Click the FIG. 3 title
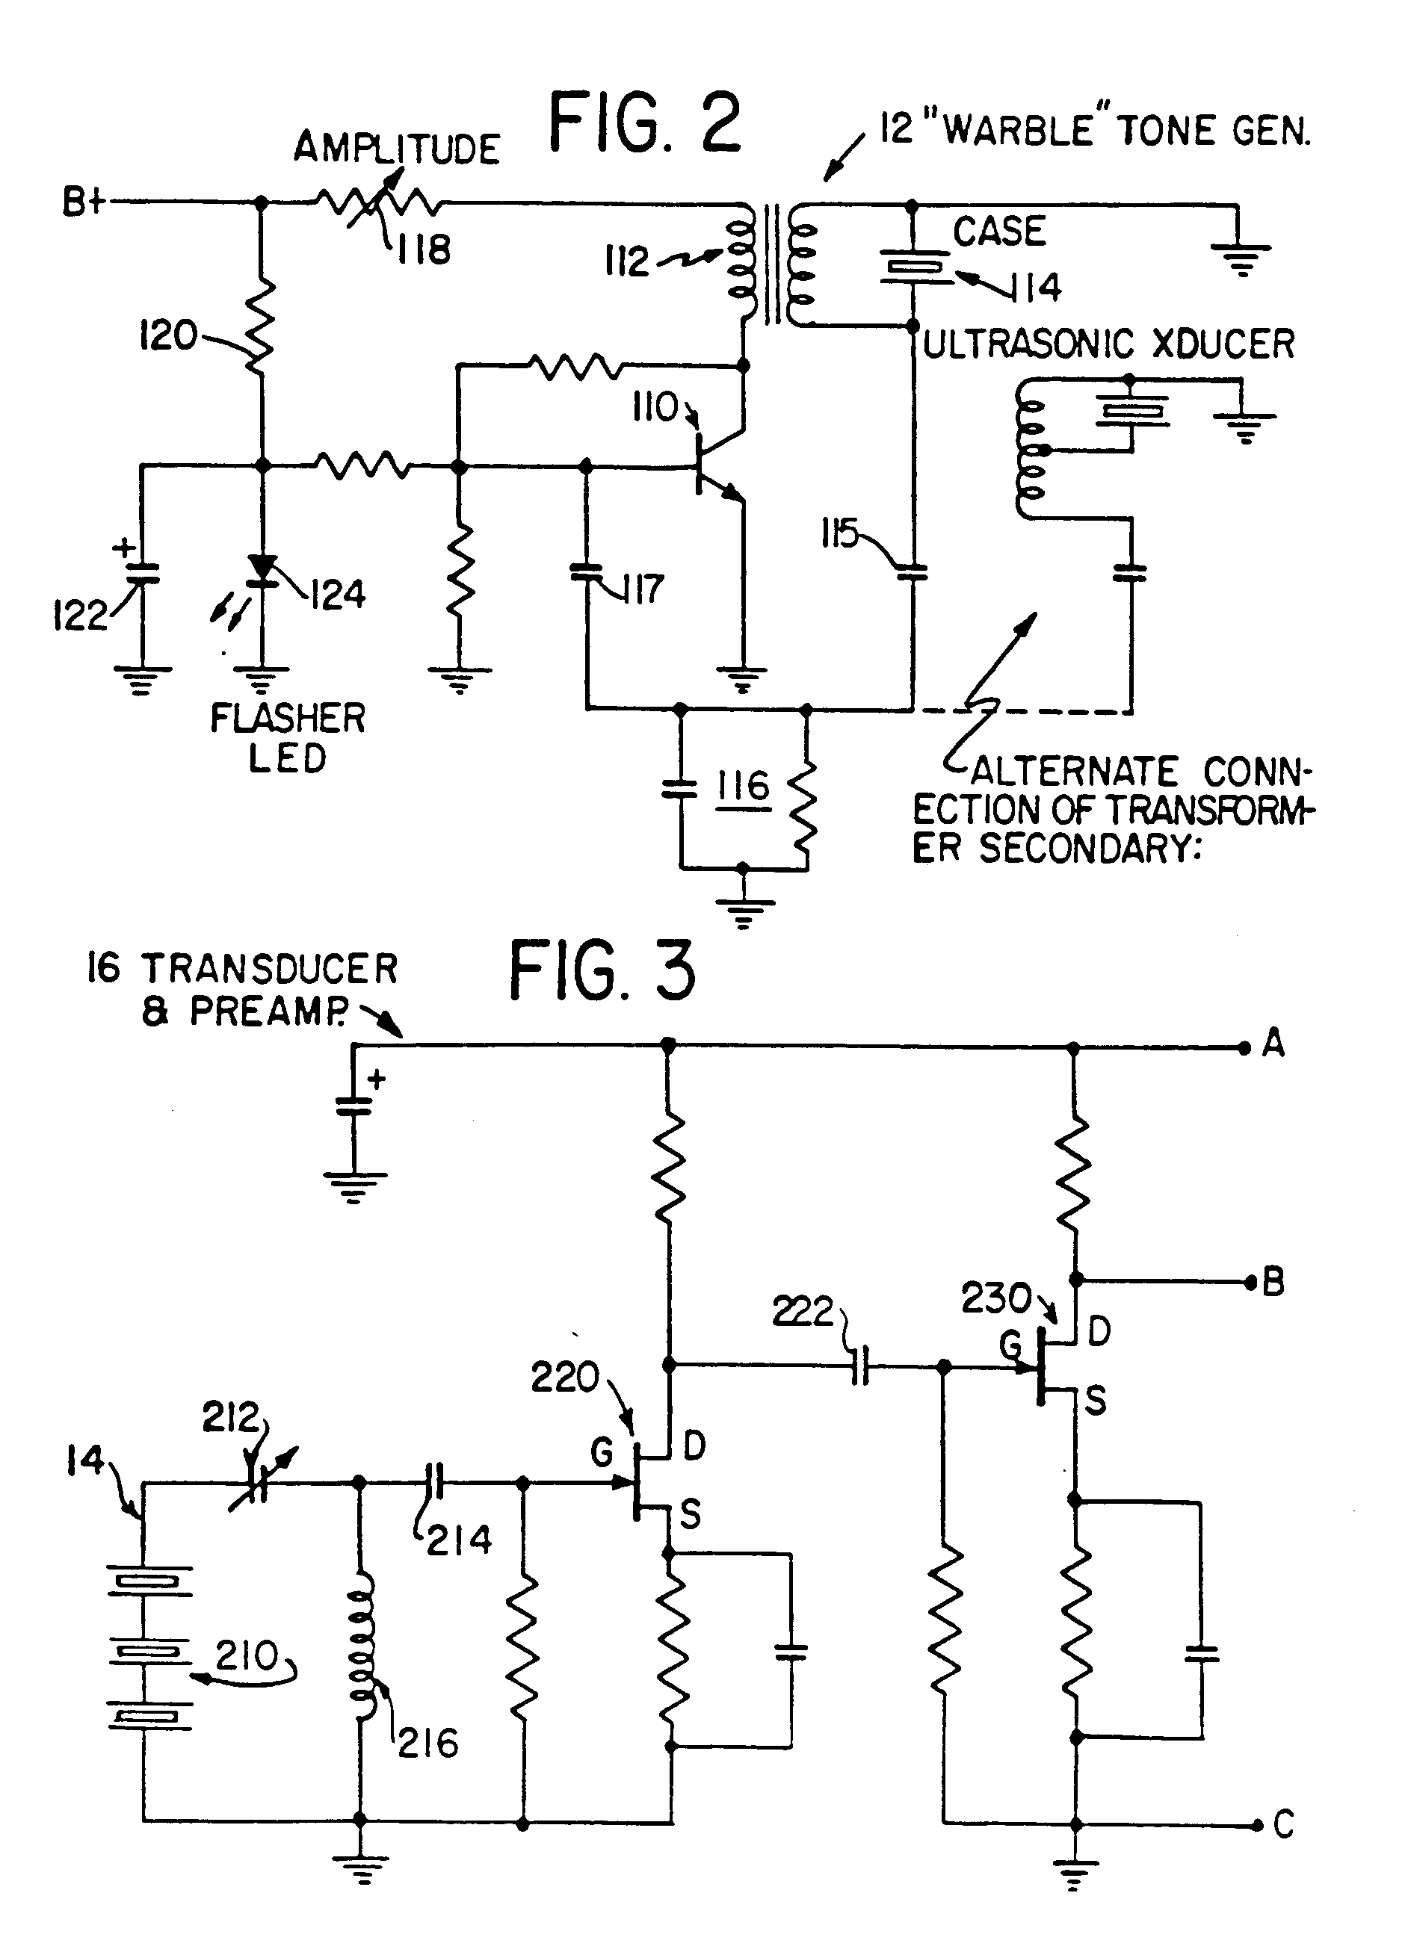pos(602,970)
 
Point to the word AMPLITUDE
pos(396,149)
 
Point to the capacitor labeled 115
pos(912,572)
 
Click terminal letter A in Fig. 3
pos(1273,1044)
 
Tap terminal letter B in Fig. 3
pos(1273,1283)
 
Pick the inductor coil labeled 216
pos(360,1646)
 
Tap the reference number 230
pos(996,1298)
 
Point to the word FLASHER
pos(288,719)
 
